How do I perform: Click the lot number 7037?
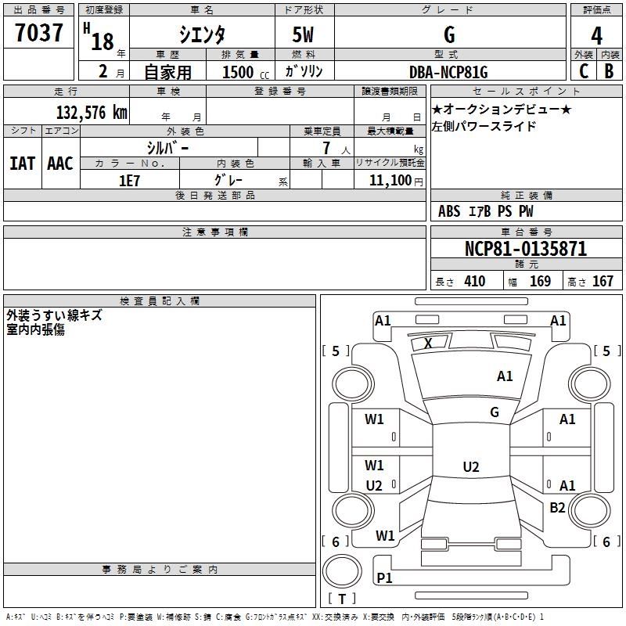[x=39, y=33]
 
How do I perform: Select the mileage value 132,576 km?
[x=92, y=113]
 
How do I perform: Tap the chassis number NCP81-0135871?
[x=526, y=249]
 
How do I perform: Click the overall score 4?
[x=596, y=36]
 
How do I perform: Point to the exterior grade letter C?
[x=584, y=71]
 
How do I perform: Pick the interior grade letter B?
[x=609, y=71]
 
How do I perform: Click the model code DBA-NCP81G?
[x=448, y=72]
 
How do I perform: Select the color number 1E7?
[x=129, y=181]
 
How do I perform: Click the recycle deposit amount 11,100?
[x=390, y=181]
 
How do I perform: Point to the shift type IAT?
[x=23, y=164]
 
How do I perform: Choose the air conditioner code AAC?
[x=60, y=164]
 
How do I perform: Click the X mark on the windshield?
[x=428, y=344]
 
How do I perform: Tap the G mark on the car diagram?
[x=495, y=412]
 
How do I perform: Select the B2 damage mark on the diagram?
[x=557, y=508]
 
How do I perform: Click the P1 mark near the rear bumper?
[x=384, y=577]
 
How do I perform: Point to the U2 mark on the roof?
[x=471, y=466]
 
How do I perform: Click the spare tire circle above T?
[x=342, y=570]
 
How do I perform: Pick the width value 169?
[x=540, y=282]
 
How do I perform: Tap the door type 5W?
[x=303, y=35]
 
